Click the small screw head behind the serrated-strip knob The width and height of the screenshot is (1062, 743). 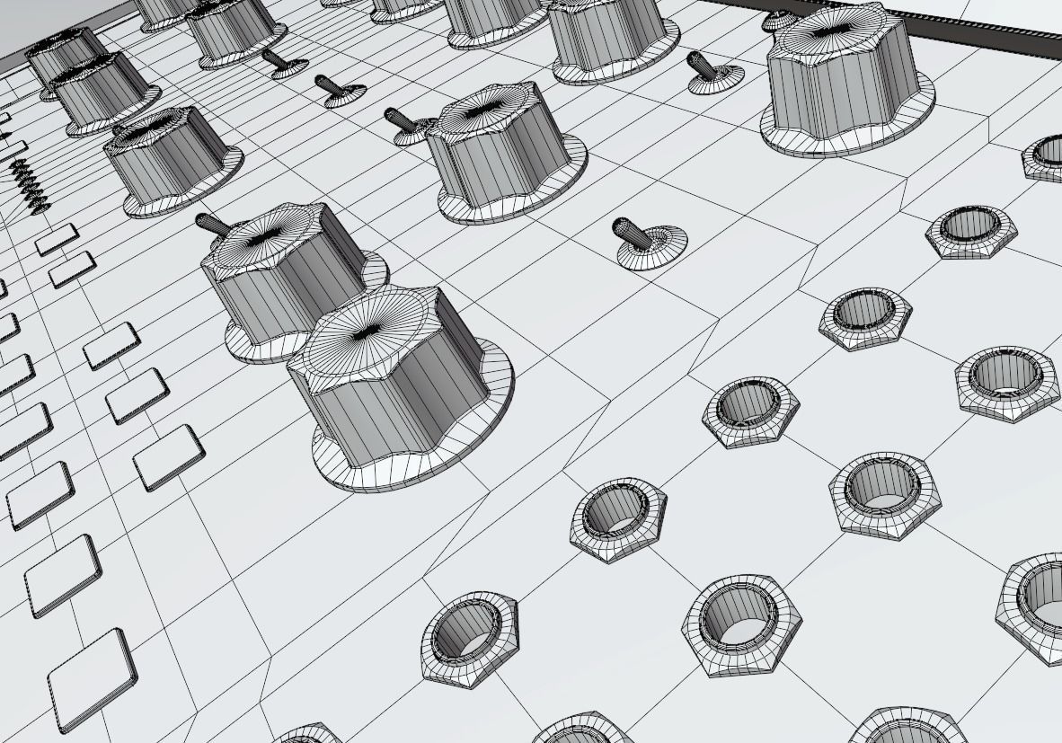point(778,19)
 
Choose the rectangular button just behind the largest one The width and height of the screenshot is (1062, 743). point(63,575)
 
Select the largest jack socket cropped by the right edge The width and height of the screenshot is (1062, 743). point(1033,606)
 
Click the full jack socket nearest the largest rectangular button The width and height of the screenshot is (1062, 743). point(469,638)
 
